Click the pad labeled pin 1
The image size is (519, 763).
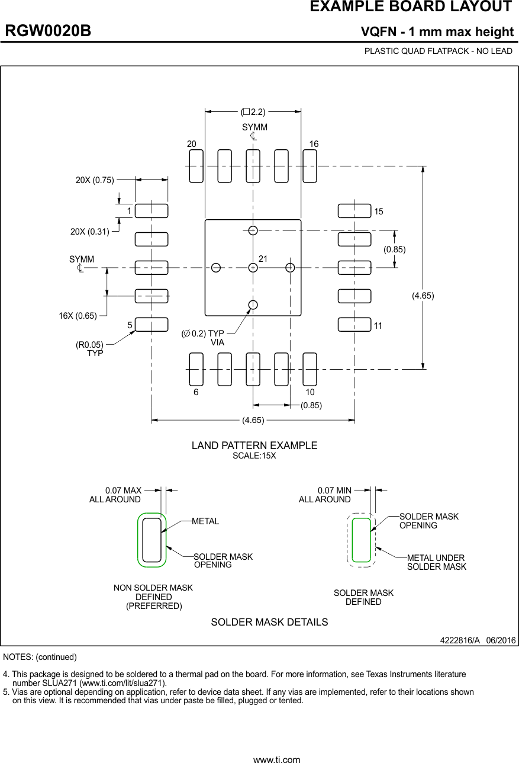[151, 211]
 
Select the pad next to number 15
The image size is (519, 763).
[354, 211]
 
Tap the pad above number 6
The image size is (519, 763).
[196, 369]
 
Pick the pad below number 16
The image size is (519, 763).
[310, 166]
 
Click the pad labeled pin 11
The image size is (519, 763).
[354, 325]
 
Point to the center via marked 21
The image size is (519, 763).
[253, 268]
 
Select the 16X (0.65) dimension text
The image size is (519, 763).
[78, 316]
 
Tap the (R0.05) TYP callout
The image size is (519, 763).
[89, 348]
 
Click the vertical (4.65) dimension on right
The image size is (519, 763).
[423, 296]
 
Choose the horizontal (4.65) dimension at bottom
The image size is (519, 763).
[253, 421]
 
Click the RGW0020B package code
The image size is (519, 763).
[48, 31]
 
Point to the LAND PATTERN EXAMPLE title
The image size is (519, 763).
[254, 445]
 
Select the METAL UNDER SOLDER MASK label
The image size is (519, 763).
[436, 562]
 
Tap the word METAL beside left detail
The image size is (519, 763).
[205, 521]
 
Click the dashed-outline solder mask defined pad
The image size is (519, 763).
[361, 540]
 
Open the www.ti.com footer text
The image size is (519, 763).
[276, 759]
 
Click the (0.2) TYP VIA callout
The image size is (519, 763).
[204, 338]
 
